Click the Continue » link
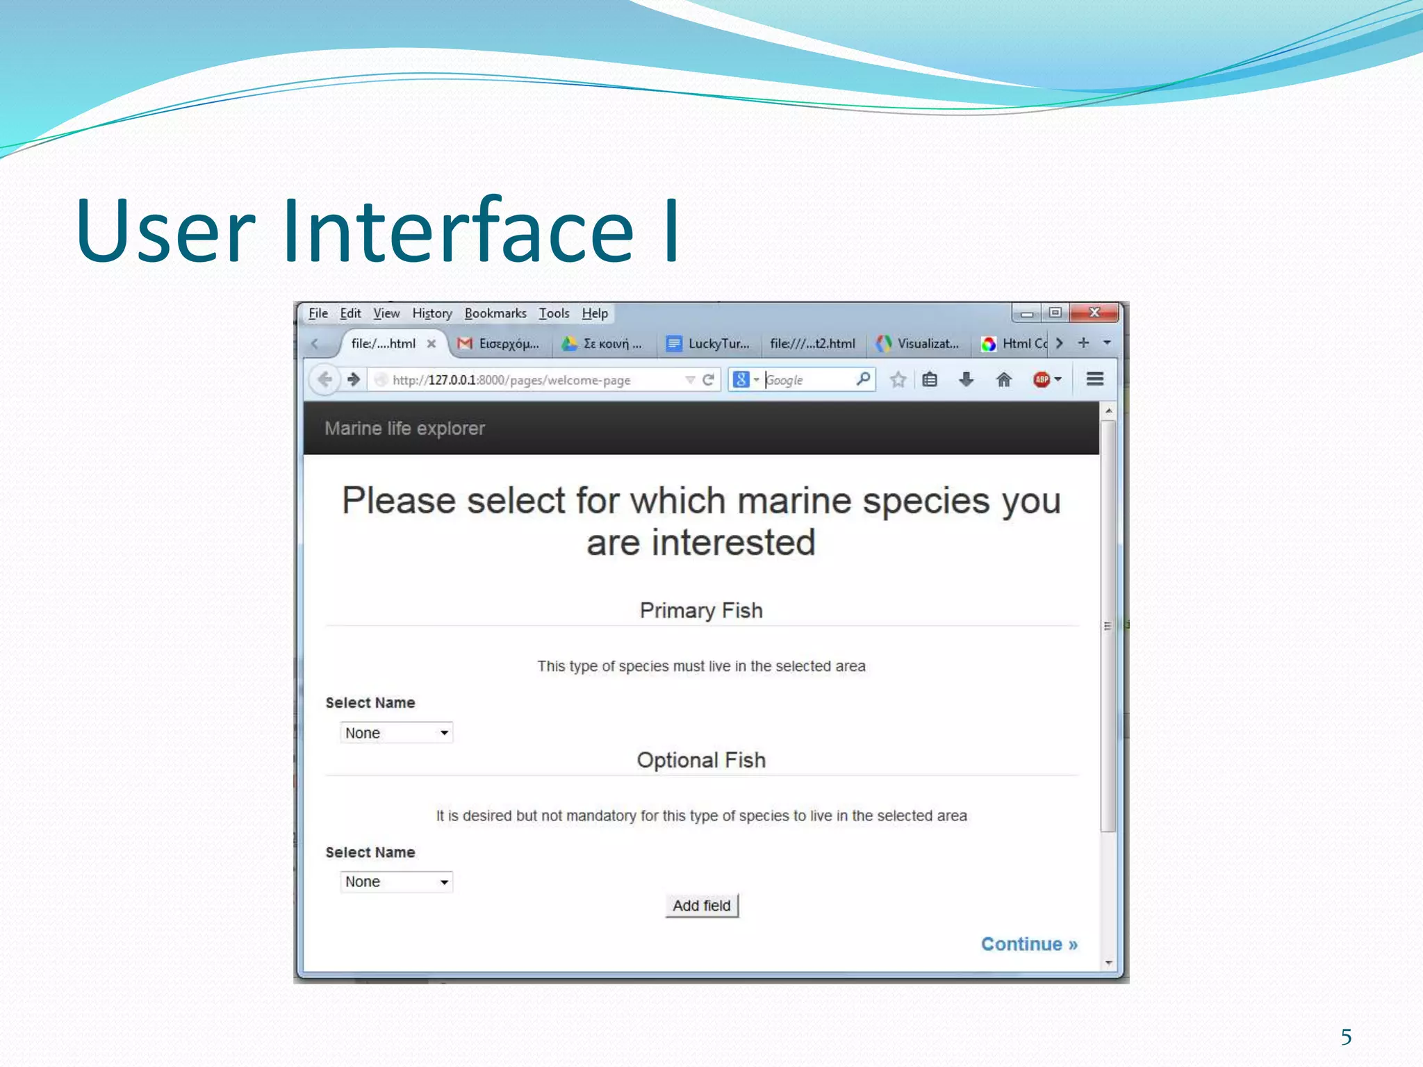(1028, 944)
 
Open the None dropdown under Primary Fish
(396, 733)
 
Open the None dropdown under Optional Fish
(396, 882)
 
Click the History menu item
(431, 313)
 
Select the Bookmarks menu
(495, 313)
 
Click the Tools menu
(554, 313)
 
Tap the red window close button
(1094, 313)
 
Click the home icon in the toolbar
(1003, 379)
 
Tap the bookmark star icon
(898, 379)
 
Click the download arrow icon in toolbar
(966, 379)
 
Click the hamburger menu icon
(1095, 379)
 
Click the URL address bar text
(511, 380)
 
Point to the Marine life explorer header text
(404, 429)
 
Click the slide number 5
(1346, 1037)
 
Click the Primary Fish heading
(701, 611)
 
